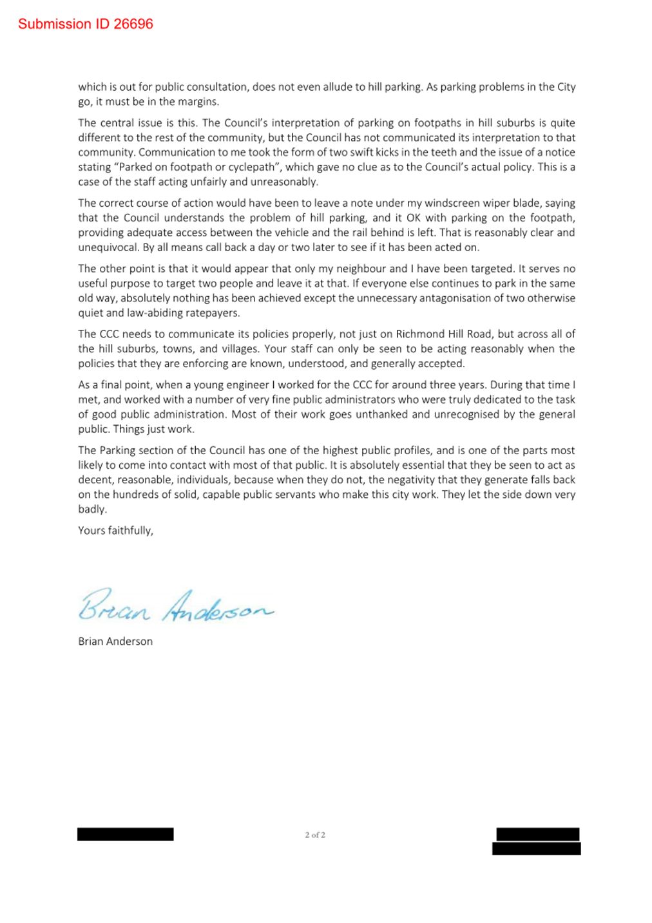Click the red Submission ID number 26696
133,24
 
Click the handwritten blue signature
175,606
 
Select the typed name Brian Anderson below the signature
115,641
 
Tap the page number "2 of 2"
315,835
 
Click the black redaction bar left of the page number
126,834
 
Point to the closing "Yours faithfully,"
116,530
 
